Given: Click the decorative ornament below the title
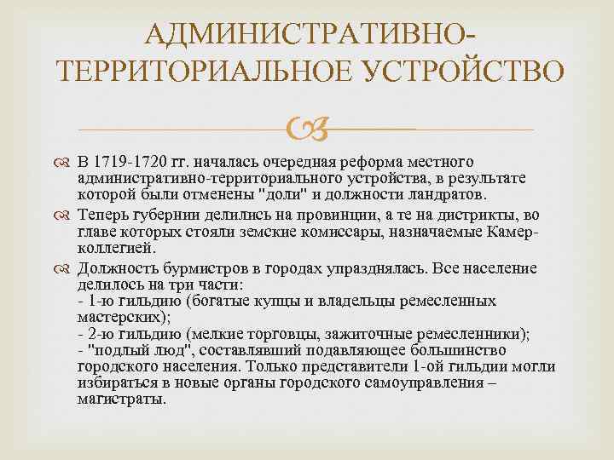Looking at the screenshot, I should click(x=306, y=130).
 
